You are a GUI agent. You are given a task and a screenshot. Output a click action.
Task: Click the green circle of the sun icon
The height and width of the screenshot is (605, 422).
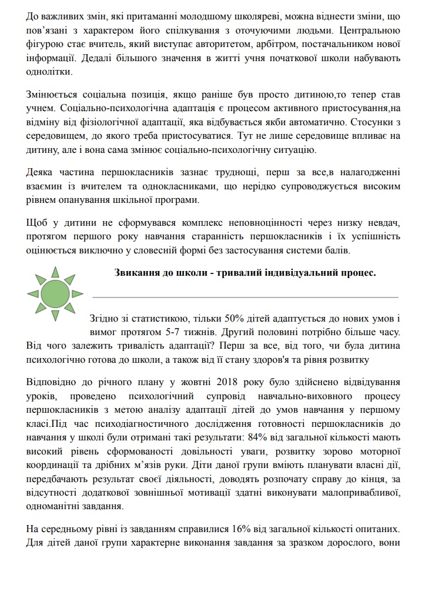55,293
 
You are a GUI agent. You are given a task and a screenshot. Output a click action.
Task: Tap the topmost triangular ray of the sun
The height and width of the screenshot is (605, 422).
55,271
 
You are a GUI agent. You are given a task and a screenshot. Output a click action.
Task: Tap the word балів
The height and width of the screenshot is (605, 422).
339,251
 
